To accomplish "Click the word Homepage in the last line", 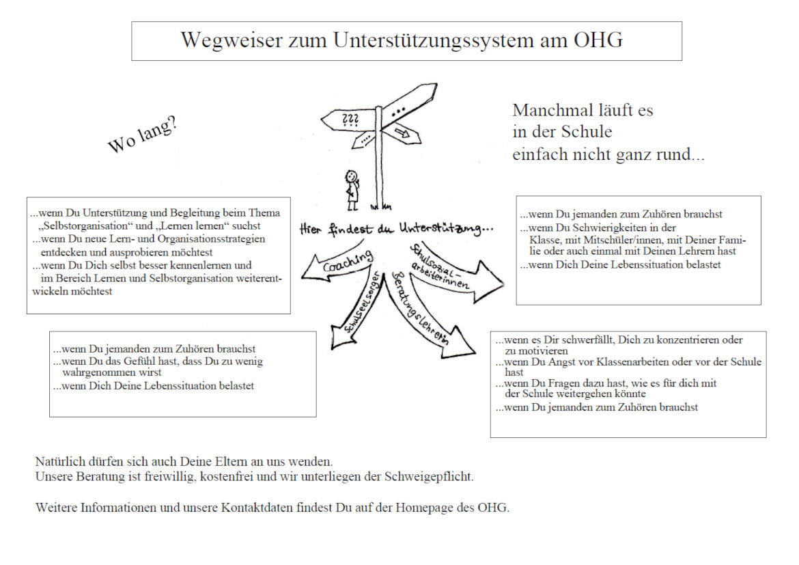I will [x=430, y=508].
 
